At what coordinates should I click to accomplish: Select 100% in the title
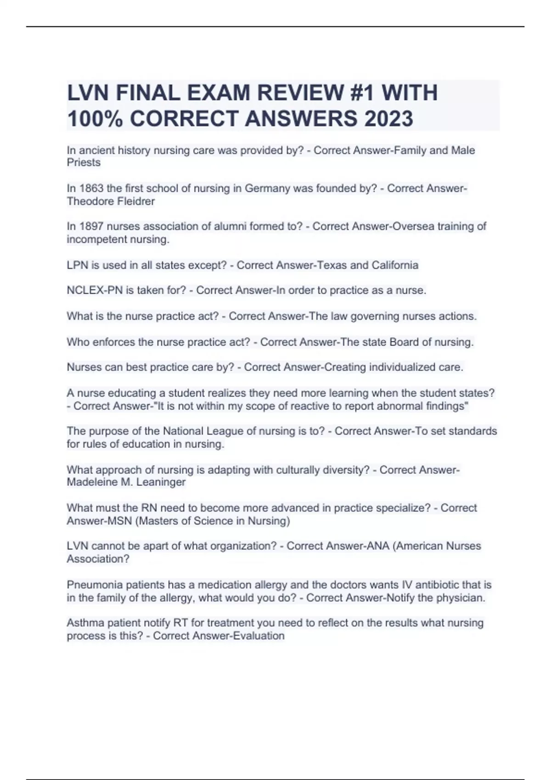[x=95, y=118]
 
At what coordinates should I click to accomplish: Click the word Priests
[x=84, y=162]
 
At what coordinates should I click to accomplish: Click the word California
[x=395, y=265]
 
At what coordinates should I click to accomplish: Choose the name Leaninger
[x=161, y=482]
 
